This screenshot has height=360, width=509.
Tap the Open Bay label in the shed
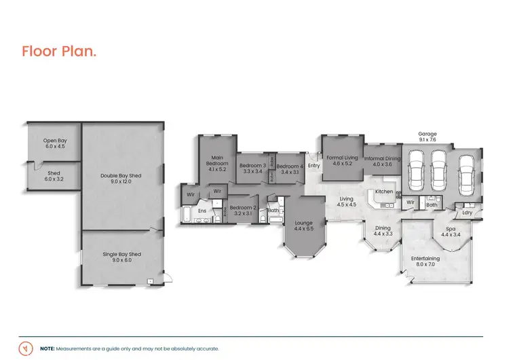[x=55, y=143]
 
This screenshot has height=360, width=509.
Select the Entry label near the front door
[x=314, y=166]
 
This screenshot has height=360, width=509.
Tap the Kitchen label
[x=384, y=192]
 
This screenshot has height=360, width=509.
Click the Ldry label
[x=467, y=213]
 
